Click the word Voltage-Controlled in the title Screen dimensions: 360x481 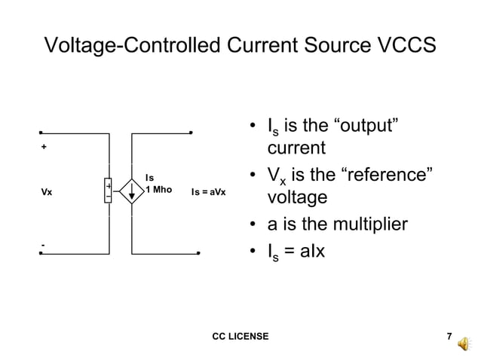[132, 45]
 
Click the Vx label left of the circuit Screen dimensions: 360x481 [47, 192]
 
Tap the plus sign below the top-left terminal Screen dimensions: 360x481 [44, 147]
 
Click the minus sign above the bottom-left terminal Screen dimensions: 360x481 [43, 246]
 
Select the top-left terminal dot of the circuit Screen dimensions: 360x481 [41, 133]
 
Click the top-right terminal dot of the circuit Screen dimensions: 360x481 [192, 133]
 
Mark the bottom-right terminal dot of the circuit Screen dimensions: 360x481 [198, 253]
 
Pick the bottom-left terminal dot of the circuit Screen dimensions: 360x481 [41, 253]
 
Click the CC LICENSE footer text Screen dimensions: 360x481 [240, 336]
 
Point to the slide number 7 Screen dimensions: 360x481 [449, 336]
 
